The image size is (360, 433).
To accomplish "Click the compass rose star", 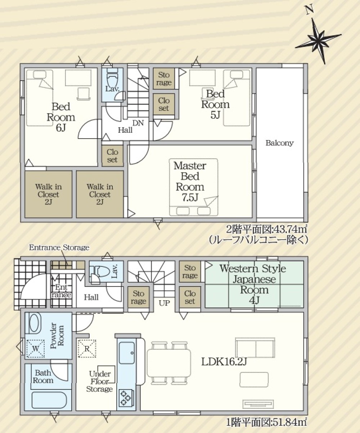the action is coord(318,40).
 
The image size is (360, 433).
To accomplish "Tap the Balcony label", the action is coord(279,143).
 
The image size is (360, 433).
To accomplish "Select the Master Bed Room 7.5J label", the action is coord(190,182).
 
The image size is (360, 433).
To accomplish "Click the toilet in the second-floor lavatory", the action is coord(112,77).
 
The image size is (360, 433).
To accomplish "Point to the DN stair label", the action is coord(138,123).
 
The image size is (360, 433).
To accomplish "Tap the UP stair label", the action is coord(165,303).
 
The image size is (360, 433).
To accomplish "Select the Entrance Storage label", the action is coord(59,248).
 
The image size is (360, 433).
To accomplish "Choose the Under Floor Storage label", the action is coord(100,382).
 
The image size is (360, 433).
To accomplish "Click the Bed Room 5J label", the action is coord(216,104).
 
